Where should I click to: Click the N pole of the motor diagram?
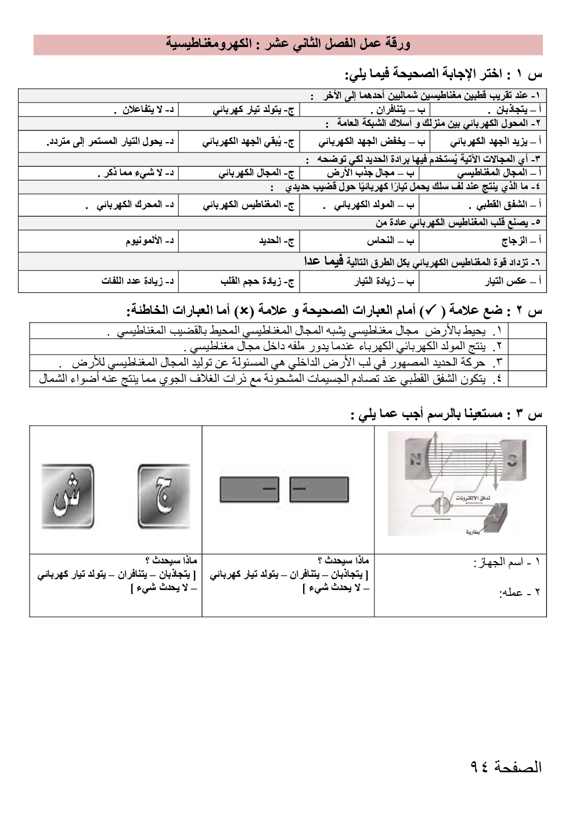click(416, 460)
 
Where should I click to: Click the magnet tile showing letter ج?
click(164, 497)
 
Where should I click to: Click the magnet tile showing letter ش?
click(67, 497)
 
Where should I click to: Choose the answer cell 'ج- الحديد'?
click(239, 241)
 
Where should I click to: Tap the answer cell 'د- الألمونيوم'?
click(98, 241)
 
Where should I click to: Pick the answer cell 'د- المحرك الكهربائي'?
click(98, 205)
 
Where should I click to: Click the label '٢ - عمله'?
click(520, 592)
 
